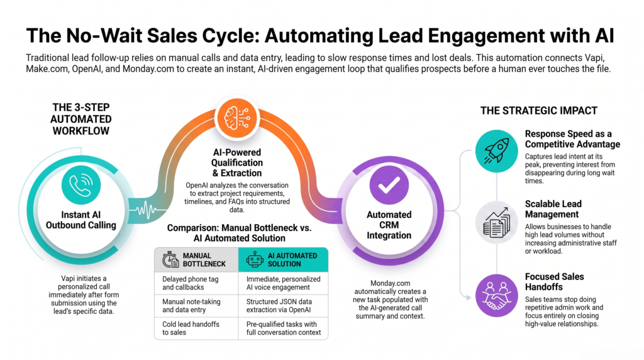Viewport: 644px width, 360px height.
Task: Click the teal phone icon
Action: click(81, 185)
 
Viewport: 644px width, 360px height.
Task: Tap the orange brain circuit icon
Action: click(237, 118)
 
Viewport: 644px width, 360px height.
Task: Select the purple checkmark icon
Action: click(389, 185)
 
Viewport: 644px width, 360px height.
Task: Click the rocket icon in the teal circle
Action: click(497, 151)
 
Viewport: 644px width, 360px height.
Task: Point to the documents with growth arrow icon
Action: click(497, 222)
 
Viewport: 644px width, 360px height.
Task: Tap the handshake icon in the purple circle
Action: click(497, 295)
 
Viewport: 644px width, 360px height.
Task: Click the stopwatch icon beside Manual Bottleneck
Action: click(170, 260)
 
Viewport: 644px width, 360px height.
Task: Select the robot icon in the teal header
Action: click(255, 260)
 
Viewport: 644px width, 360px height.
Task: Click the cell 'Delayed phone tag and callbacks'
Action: click(196, 283)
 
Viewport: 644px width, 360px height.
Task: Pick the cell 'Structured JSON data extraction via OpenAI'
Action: click(283, 306)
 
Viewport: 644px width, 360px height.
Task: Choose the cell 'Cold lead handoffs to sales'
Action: click(196, 329)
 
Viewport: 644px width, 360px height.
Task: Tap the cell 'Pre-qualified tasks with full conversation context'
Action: click(283, 329)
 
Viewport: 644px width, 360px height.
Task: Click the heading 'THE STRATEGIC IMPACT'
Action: click(539, 111)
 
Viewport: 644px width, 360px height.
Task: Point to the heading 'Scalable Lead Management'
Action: click(553, 209)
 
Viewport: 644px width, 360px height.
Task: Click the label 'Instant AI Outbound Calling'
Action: click(81, 220)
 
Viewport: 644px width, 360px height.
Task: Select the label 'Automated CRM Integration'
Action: click(389, 225)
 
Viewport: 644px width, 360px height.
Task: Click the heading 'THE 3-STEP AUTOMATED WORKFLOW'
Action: click(81, 119)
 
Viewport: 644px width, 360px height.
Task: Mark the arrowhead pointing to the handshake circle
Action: click(467, 298)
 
